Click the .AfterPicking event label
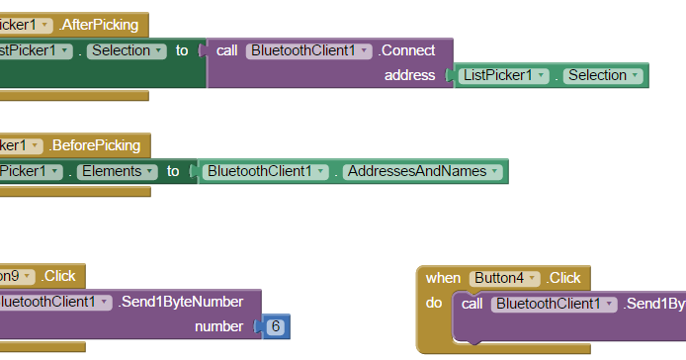[x=101, y=24]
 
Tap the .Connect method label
[x=407, y=49]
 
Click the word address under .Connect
[x=409, y=75]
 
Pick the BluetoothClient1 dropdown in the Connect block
[x=309, y=49]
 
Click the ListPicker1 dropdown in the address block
[x=503, y=75]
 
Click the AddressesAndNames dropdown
[x=422, y=171]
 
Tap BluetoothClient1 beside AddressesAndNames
[x=266, y=171]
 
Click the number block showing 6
[x=276, y=326]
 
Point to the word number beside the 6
[x=218, y=326]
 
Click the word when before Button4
[x=444, y=278]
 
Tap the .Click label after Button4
[x=564, y=278]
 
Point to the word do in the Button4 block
[x=434, y=303]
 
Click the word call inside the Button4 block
[x=472, y=304]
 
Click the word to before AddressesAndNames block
[x=173, y=171]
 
